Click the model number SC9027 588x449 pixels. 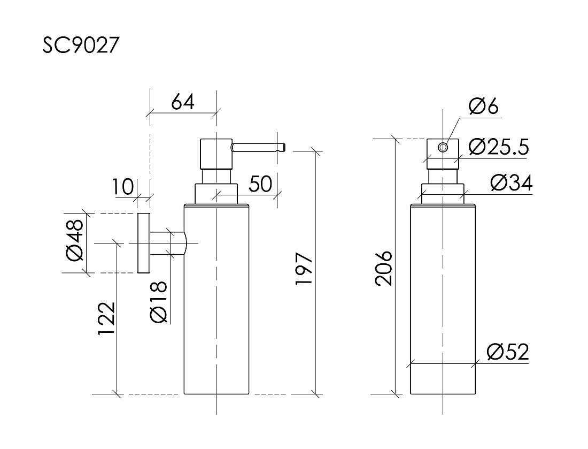tap(80, 46)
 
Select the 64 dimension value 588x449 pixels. tap(183, 101)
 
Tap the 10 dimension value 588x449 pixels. tap(122, 187)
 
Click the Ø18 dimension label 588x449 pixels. tap(159, 302)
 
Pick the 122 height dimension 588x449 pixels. tap(106, 319)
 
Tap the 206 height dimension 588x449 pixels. tap(384, 268)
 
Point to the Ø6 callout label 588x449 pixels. tap(483, 107)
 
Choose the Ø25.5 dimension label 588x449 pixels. tap(498, 146)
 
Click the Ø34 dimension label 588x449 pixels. tap(511, 184)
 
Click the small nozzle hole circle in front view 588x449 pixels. tap(443, 147)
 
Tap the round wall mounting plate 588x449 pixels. tap(143, 243)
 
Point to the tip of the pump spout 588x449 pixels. tap(283, 146)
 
